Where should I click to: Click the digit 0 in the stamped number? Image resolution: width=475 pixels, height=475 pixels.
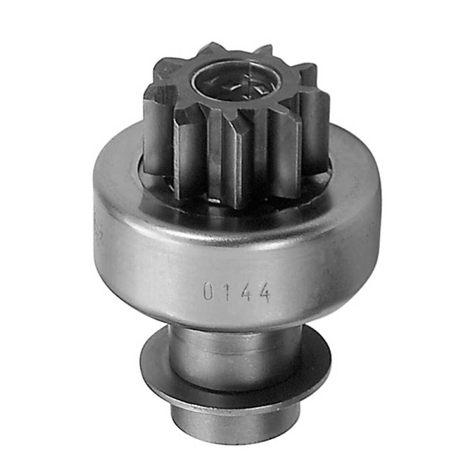pyautogui.click(x=208, y=293)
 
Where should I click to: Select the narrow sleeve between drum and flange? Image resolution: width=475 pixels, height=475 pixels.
pyautogui.click(x=234, y=350)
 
